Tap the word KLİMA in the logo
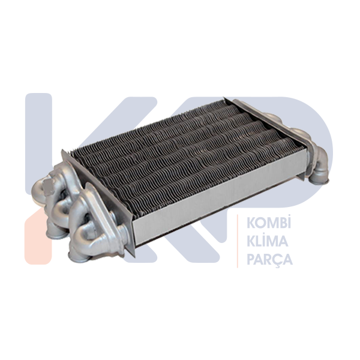pyautogui.click(x=267, y=241)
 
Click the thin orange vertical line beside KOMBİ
pyautogui.click(x=238, y=241)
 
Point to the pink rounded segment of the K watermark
pyautogui.click(x=38, y=239)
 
